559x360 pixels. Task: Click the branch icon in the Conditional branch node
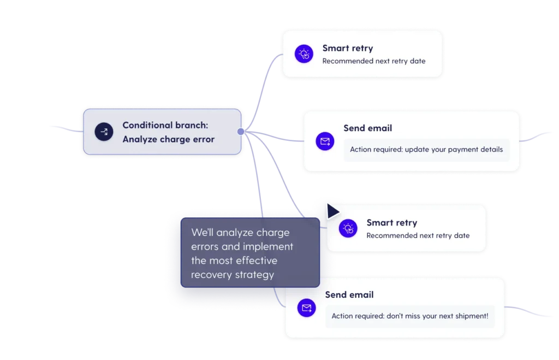coord(104,132)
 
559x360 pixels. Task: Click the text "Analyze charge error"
coord(168,139)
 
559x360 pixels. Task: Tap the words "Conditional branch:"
coord(165,125)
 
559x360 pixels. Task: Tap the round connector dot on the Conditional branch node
coord(241,131)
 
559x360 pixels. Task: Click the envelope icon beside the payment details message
coord(325,142)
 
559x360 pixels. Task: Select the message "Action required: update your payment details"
coord(426,149)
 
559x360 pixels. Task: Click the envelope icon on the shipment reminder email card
coord(307,308)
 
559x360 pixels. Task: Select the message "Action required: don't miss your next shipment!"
coord(409,316)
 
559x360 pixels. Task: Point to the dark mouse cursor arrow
coord(331,211)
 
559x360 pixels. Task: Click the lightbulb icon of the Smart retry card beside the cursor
coord(348,228)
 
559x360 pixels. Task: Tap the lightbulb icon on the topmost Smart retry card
coord(304,54)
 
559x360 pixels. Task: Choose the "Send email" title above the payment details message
coord(367,128)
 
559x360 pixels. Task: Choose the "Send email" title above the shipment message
coord(349,294)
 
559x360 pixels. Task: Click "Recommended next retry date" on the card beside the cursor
coord(418,235)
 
